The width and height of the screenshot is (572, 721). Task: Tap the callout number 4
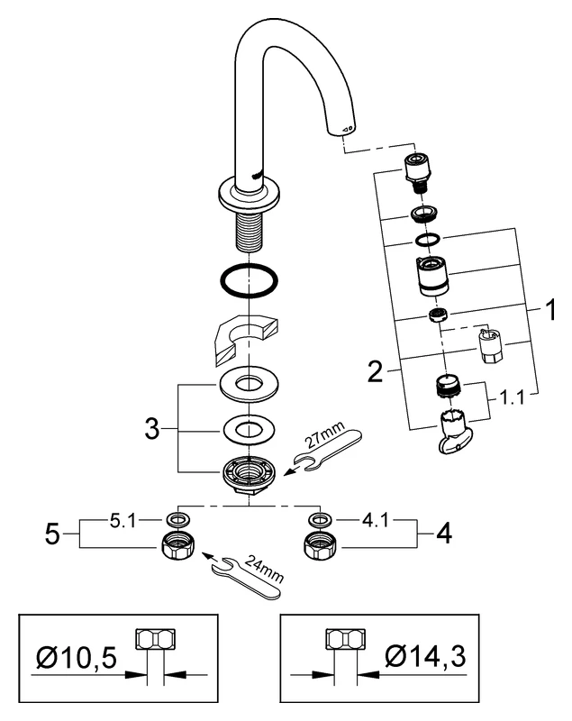coord(440,533)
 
